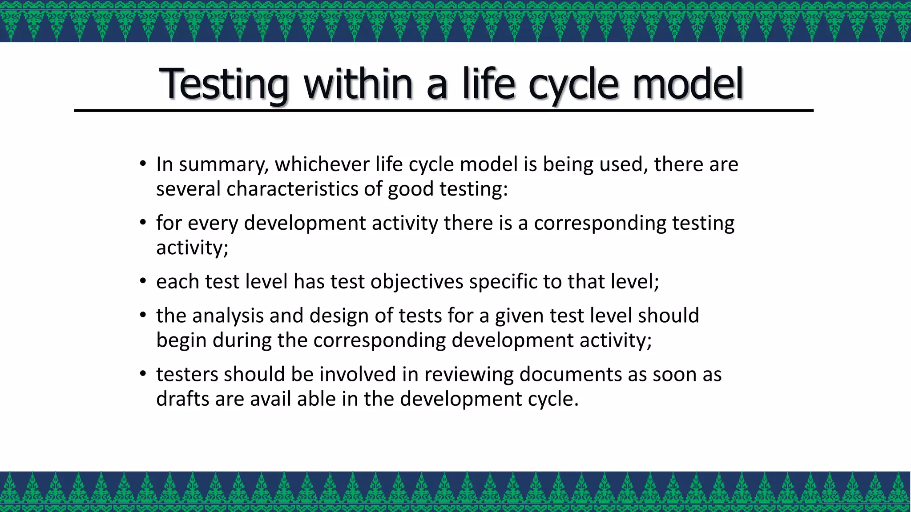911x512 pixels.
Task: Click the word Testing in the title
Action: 224,84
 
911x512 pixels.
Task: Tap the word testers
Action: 187,374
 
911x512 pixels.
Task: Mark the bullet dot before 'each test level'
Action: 142,281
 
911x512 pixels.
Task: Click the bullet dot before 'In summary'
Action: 142,164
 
